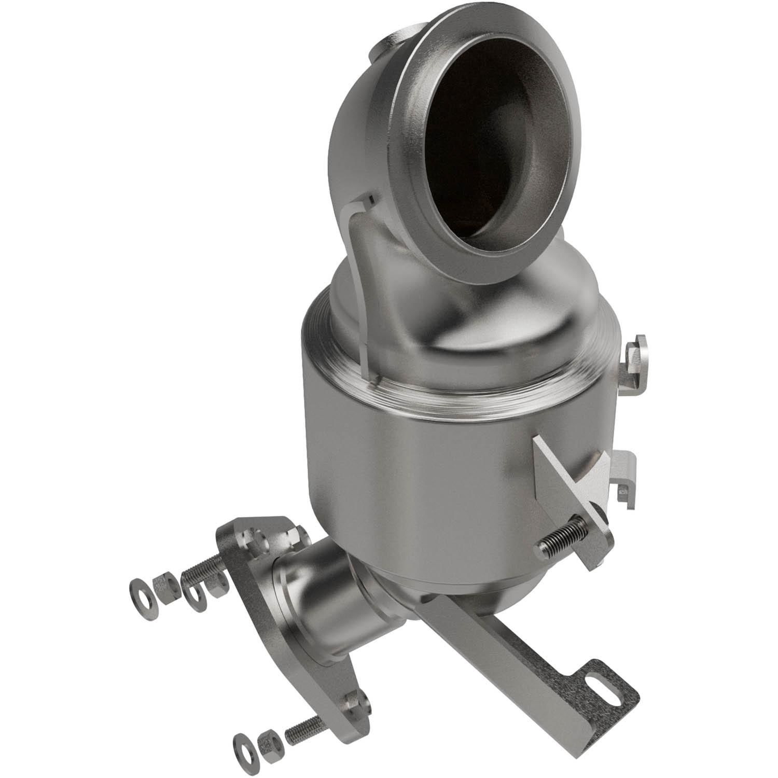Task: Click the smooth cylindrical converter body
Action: [x=415, y=467]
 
